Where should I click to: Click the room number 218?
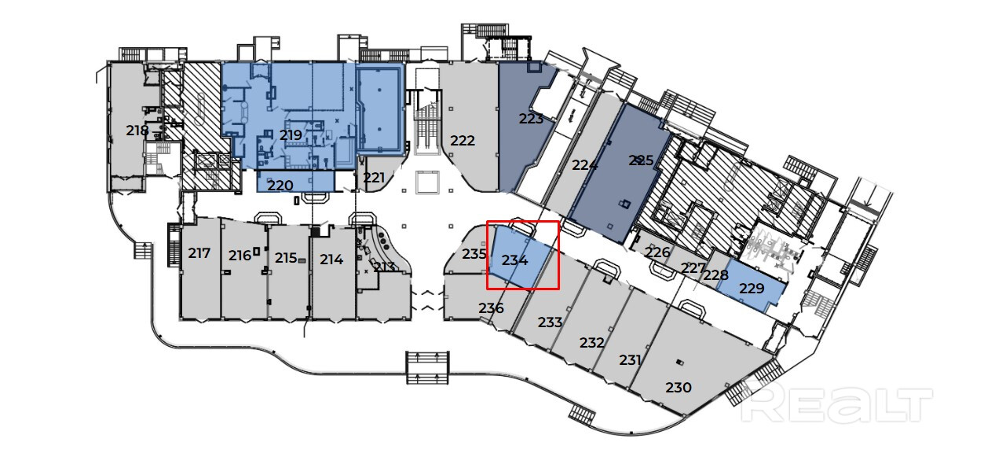click(x=137, y=130)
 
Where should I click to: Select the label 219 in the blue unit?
click(x=291, y=135)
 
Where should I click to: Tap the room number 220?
click(x=280, y=186)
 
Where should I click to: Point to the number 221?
click(x=374, y=178)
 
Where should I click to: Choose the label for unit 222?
click(x=463, y=141)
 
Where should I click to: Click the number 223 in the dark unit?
click(x=531, y=119)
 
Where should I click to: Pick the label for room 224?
click(x=584, y=165)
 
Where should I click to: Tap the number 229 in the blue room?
click(x=752, y=289)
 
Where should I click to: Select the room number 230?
click(x=679, y=387)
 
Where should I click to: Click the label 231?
click(x=630, y=360)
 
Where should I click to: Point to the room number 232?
click(x=591, y=343)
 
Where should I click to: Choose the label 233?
click(x=550, y=322)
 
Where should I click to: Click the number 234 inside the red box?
click(x=514, y=260)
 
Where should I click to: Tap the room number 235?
click(x=474, y=254)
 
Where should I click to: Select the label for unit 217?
click(x=199, y=253)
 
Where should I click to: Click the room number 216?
click(x=240, y=255)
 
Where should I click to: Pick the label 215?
click(x=285, y=257)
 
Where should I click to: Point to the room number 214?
click(x=331, y=259)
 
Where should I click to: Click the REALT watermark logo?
click(x=837, y=405)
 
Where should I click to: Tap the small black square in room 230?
click(x=680, y=363)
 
